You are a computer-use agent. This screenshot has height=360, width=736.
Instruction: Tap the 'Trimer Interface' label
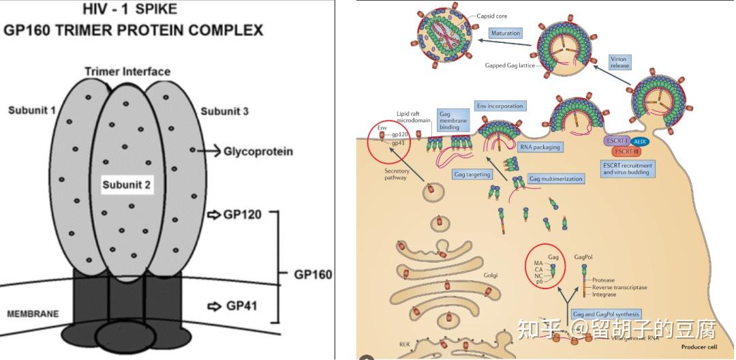[127, 72]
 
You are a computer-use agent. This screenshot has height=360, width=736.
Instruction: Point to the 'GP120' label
[242, 215]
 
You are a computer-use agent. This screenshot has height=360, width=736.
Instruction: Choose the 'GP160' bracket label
[313, 275]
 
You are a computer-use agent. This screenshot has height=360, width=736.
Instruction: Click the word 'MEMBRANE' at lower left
[33, 314]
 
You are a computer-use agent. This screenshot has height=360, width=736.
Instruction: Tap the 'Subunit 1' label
[32, 110]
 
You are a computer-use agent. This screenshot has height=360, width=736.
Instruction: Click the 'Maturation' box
[506, 33]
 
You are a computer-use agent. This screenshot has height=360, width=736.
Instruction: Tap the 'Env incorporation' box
[500, 106]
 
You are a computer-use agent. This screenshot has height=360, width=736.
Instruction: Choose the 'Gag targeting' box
[472, 175]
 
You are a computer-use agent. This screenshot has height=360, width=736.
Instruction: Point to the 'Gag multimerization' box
[556, 179]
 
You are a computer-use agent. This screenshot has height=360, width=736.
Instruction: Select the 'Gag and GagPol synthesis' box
[606, 314]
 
